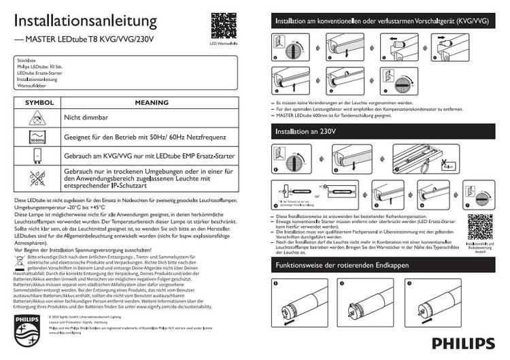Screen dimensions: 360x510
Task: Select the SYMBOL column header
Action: [x=38, y=103]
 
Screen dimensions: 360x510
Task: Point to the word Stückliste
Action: [x=25, y=61]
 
